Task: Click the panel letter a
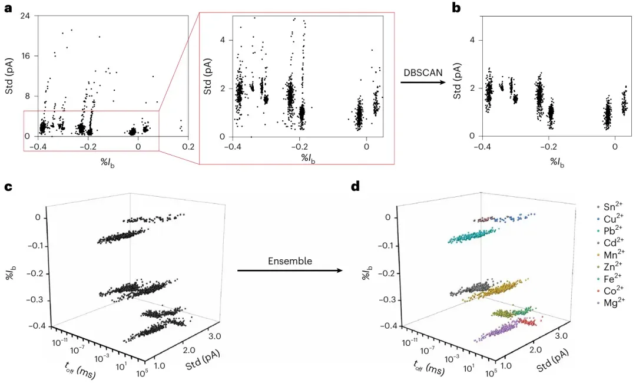point(8,8)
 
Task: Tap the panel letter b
point(456,8)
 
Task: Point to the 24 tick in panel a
point(26,16)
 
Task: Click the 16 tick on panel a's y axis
point(26,56)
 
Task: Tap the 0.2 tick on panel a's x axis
point(188,147)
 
